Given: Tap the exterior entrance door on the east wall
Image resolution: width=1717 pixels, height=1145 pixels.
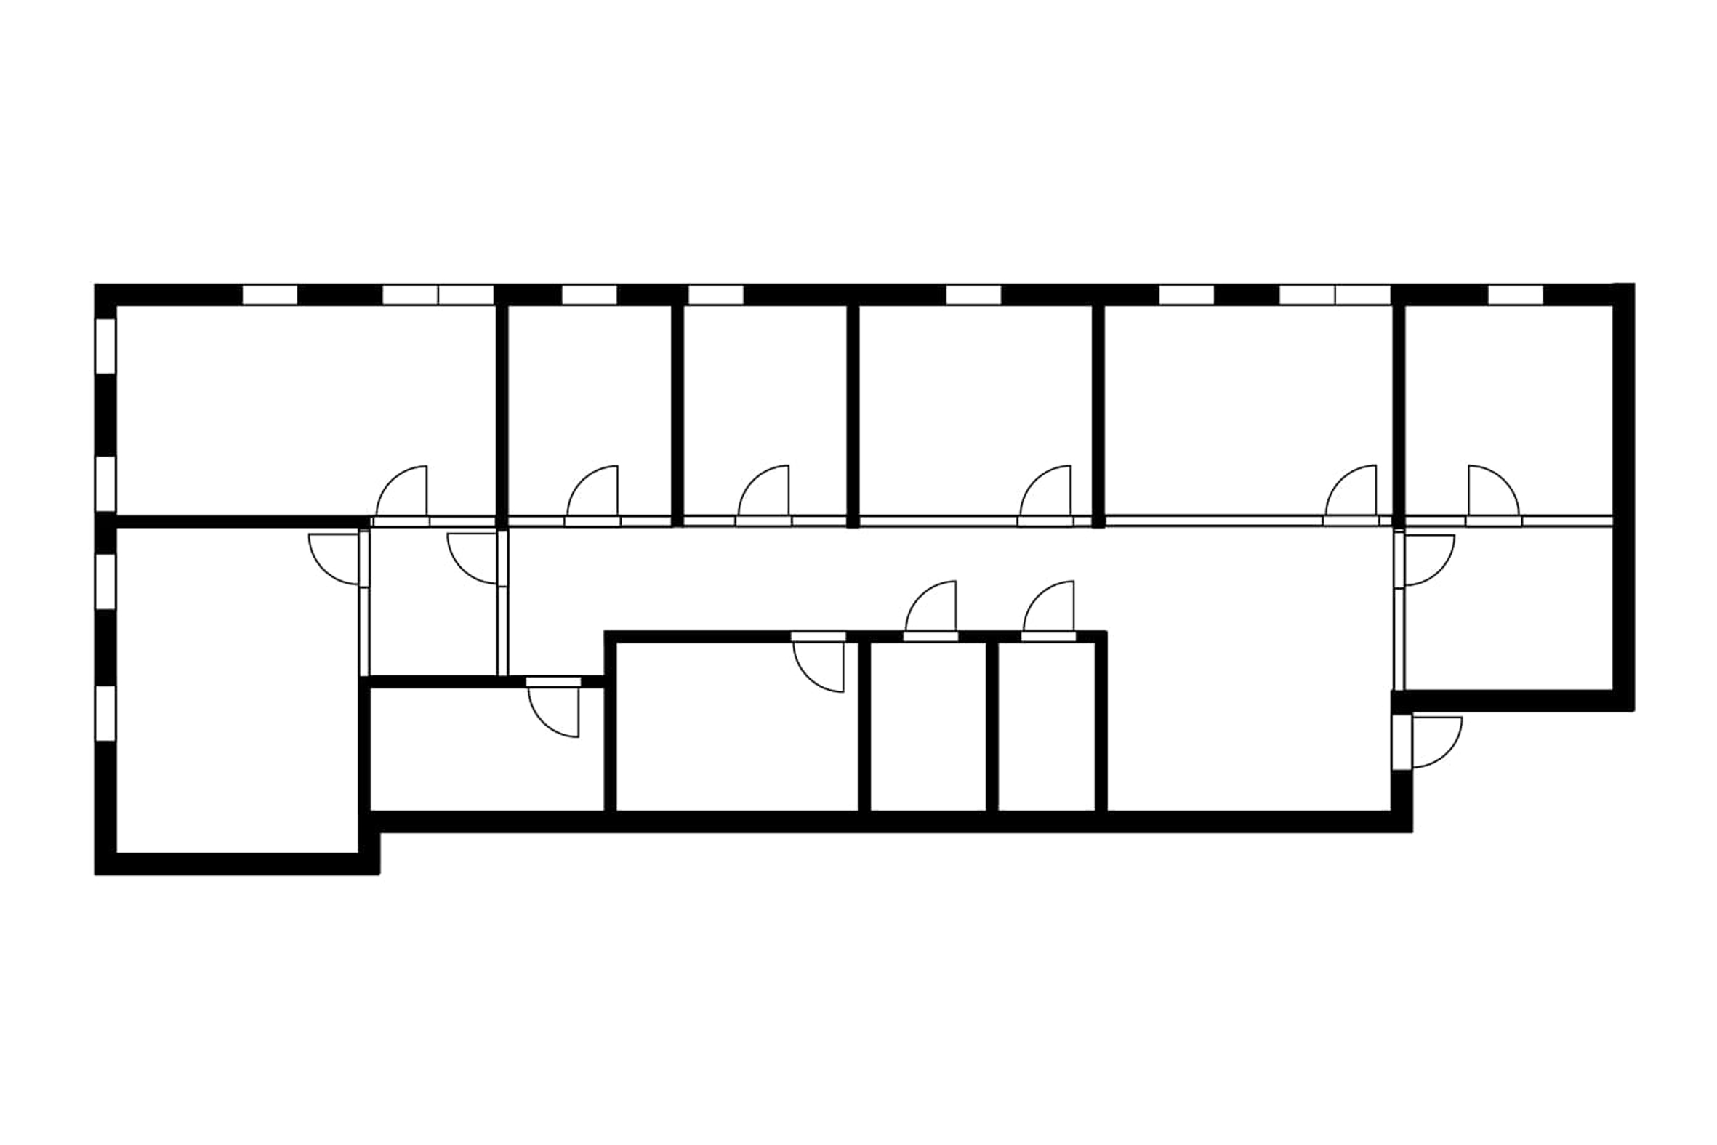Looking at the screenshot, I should tap(1435, 742).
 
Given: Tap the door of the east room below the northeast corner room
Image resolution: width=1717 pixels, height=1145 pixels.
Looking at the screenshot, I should tap(1428, 560).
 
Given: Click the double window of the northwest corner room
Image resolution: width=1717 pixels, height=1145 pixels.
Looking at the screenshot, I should tap(438, 295).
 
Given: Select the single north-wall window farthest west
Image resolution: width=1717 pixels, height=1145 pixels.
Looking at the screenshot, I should tap(270, 295).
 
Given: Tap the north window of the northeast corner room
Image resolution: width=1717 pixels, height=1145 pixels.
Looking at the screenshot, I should tap(1515, 295).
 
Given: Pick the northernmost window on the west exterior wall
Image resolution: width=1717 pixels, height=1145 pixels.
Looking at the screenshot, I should tap(105, 345).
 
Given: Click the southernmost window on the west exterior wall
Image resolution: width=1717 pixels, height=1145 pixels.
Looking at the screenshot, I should tap(105, 712).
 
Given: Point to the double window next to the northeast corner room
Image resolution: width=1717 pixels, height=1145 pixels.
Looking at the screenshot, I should tap(1335, 295).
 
